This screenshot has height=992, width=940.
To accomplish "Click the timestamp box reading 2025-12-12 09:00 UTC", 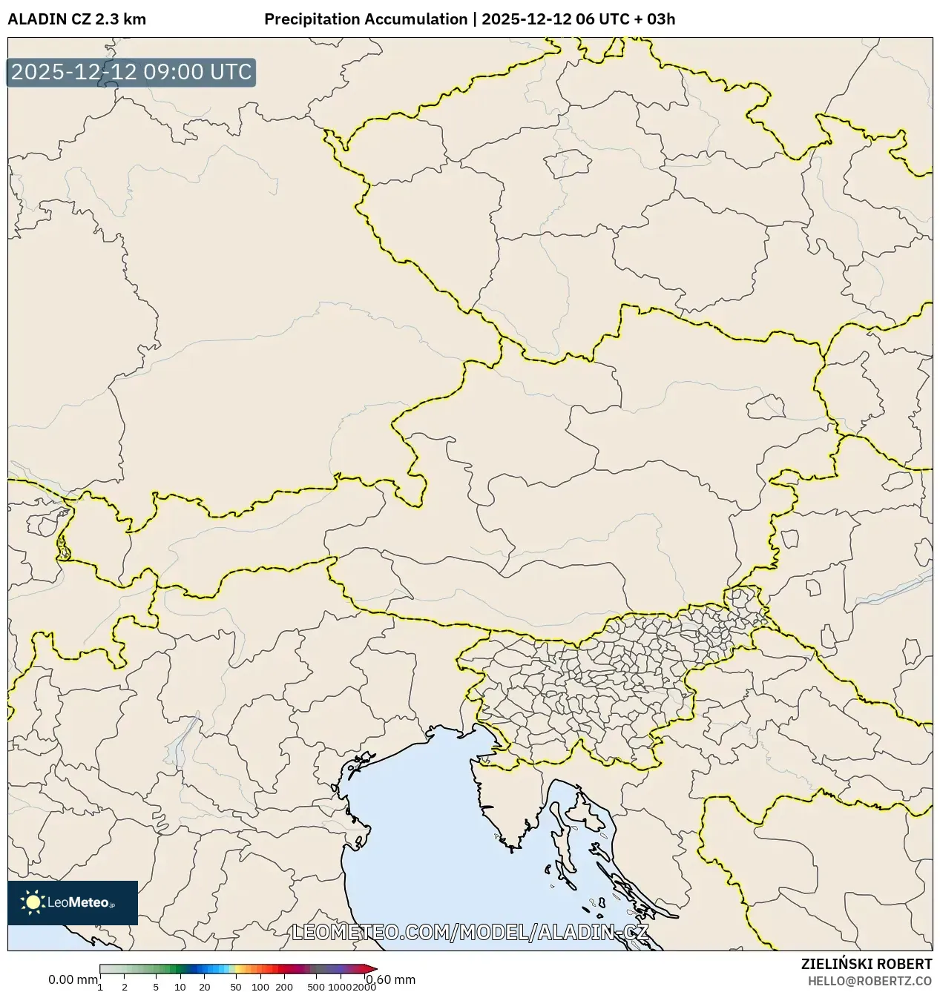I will [x=131, y=73].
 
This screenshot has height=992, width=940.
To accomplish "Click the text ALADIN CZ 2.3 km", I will [x=76, y=19].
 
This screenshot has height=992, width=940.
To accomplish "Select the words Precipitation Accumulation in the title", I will [x=365, y=19].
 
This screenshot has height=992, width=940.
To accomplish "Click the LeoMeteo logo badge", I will [x=73, y=902].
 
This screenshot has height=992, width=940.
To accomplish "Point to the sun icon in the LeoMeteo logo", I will [x=33, y=902].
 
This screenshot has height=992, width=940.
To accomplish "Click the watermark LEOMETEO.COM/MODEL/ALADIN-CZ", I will [x=470, y=932].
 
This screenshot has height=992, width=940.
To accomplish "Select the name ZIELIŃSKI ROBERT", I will [x=867, y=964].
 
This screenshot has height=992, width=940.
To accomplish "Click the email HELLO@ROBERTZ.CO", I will [x=870, y=981].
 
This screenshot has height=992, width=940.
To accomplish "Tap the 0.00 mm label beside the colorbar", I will [x=73, y=979].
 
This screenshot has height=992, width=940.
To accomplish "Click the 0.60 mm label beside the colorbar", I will [x=391, y=979].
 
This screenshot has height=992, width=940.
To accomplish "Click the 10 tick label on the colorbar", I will [x=180, y=987].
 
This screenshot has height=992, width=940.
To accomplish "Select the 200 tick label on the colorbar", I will [x=284, y=987].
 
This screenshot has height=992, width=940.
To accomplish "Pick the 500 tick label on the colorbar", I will [x=316, y=987].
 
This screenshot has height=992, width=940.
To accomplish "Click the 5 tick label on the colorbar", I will [x=156, y=987].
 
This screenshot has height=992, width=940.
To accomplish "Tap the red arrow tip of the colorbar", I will [x=372, y=968].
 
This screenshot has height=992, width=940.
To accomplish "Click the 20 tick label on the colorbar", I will [x=205, y=987].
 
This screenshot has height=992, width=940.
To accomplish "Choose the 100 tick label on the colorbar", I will [x=260, y=987].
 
